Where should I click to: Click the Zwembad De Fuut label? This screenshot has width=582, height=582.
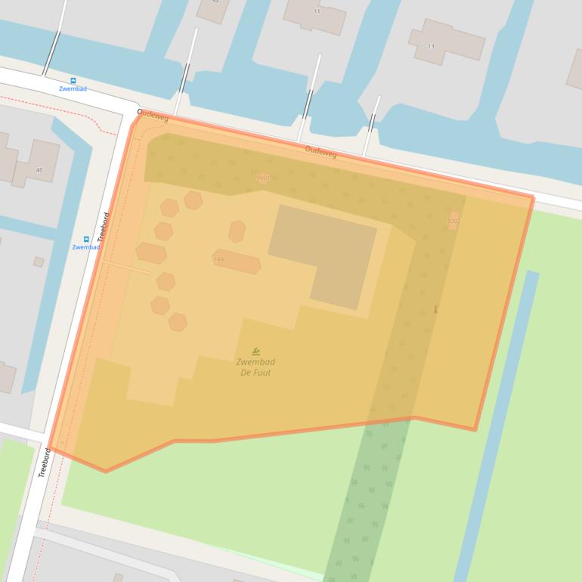[x=255, y=367]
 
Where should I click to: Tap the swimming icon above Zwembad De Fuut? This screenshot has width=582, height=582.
[x=256, y=351]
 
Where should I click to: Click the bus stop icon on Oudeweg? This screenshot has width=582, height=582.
[x=73, y=80]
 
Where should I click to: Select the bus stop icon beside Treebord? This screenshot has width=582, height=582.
[x=86, y=239]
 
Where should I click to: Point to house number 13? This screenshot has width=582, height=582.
[x=431, y=46]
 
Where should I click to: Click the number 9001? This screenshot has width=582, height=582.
[x=263, y=178]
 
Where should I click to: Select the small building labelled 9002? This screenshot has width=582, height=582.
[x=453, y=221]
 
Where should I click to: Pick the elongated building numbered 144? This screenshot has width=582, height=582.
[x=237, y=261]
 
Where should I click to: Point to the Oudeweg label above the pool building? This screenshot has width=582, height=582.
[x=320, y=152]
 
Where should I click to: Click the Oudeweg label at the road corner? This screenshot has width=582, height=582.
[x=153, y=116]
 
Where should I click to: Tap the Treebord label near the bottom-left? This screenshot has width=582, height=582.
[x=45, y=463]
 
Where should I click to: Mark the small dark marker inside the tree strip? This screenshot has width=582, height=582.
[x=435, y=309]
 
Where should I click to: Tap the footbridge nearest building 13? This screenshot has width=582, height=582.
[x=371, y=115]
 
